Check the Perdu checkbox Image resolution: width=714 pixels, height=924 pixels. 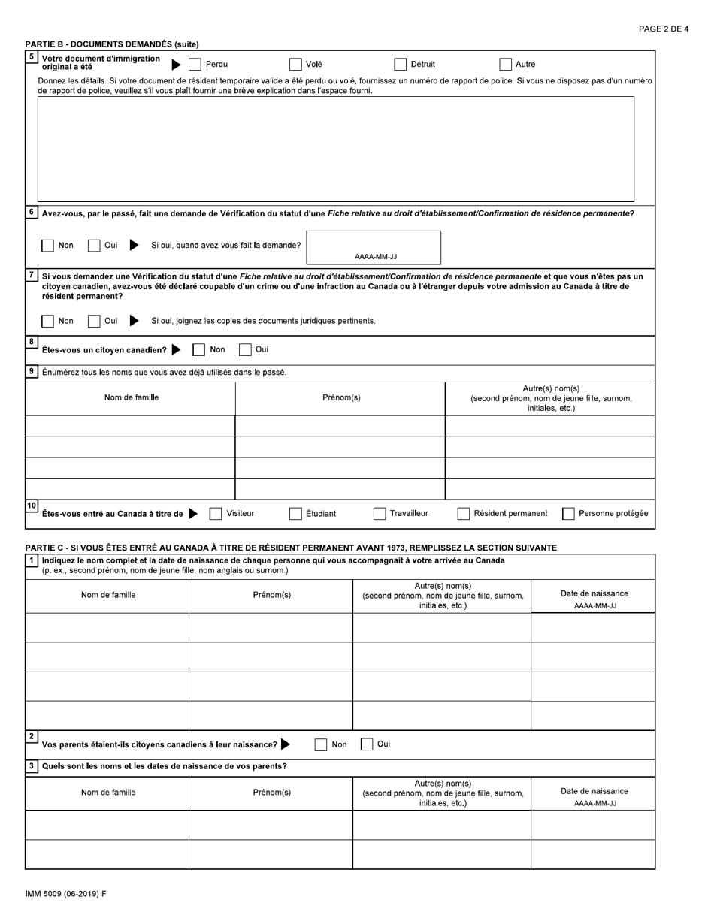[x=195, y=65]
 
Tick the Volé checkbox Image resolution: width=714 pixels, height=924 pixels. [x=295, y=65]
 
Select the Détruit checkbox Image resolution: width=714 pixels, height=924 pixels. [x=401, y=65]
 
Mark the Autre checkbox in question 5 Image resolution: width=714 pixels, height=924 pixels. [x=506, y=65]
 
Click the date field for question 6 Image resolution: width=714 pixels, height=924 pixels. [x=374, y=247]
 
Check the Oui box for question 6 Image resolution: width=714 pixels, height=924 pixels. [x=94, y=246]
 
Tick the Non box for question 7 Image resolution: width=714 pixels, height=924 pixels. [x=48, y=321]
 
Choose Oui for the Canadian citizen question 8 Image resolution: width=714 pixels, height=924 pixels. [x=245, y=349]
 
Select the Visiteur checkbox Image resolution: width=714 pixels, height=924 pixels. [x=216, y=514]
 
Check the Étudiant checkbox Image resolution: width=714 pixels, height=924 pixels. [x=295, y=514]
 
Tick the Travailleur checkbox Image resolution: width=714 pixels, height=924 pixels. [x=380, y=514]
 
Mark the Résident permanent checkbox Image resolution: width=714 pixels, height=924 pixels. [x=464, y=514]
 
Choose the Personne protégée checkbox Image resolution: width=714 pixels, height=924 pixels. [x=568, y=514]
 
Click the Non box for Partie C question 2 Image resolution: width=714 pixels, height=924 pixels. [x=321, y=744]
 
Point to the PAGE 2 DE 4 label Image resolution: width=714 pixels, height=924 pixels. [x=663, y=29]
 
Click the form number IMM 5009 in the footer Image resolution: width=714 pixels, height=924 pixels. [x=65, y=894]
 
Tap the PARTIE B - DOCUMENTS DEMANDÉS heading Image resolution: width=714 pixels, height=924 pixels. [x=112, y=44]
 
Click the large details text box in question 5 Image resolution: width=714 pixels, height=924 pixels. [x=335, y=149]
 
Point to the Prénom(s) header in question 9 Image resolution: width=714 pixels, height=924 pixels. [x=340, y=398]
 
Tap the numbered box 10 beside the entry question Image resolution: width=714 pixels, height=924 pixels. [x=32, y=506]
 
